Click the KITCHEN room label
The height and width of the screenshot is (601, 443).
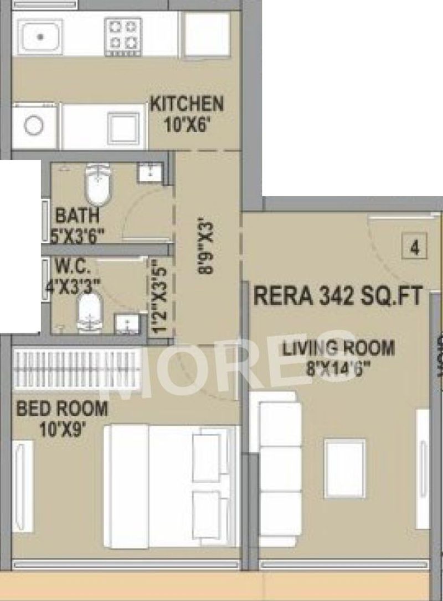pos(187,104)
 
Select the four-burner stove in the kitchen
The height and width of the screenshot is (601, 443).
pos(123,34)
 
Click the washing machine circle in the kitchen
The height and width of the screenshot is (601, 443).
pos(34,126)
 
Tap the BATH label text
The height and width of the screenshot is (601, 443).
pos(78,215)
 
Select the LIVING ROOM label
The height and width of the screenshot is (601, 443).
pos(339,348)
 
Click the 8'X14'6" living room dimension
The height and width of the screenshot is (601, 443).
pos(339,367)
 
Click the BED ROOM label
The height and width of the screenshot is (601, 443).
pos(62,409)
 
